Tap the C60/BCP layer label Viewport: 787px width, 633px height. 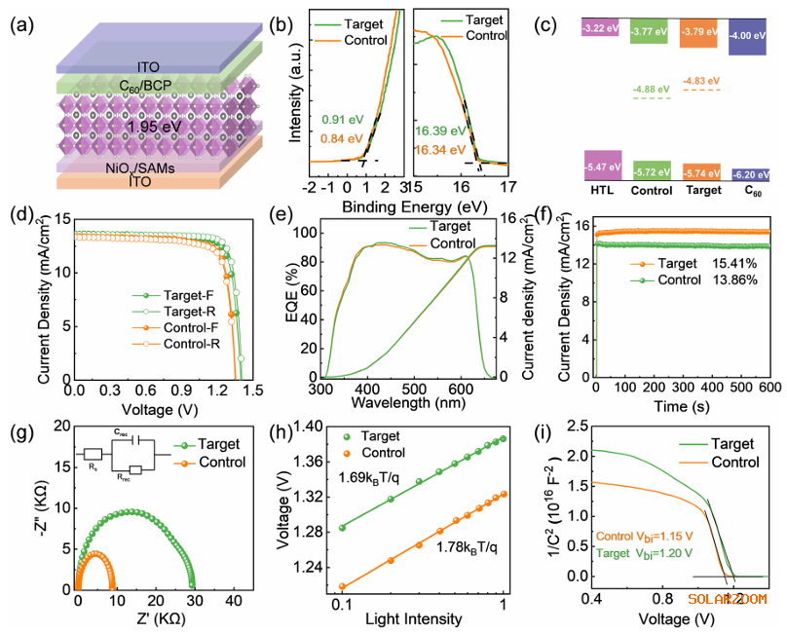[x=136, y=84]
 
